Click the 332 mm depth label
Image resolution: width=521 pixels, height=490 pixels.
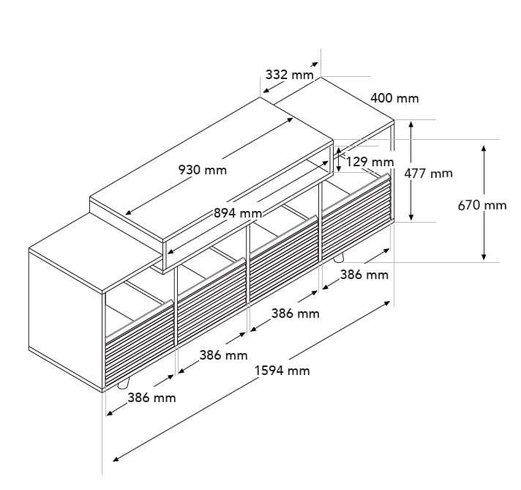pyautogui.click(x=290, y=75)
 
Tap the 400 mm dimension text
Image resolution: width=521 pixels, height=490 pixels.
pyautogui.click(x=394, y=98)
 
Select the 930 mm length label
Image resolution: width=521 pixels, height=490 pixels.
pyautogui.click(x=203, y=170)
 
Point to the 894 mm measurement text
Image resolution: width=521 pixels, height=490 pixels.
pyautogui.click(x=238, y=213)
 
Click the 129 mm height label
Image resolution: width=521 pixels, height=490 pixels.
pyautogui.click(x=370, y=162)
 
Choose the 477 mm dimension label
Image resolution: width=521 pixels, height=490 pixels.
pyautogui.click(x=428, y=174)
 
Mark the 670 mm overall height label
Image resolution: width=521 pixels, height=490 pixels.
pyautogui.click(x=482, y=205)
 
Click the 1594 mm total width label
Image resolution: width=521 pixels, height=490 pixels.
pyautogui.click(x=282, y=370)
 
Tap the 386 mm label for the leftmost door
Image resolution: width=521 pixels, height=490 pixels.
pyautogui.click(x=151, y=398)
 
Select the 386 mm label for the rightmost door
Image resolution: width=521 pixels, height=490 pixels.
pyautogui.click(x=364, y=275)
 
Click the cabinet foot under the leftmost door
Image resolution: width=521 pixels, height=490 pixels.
pyautogui.click(x=123, y=385)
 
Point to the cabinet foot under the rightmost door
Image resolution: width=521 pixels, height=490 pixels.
pyautogui.click(x=338, y=258)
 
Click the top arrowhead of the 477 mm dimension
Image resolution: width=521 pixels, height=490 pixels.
pyautogui.click(x=411, y=125)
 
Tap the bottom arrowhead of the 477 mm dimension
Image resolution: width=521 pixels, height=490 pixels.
pyautogui.click(x=411, y=217)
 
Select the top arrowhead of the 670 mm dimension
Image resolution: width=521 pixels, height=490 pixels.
pyautogui.click(x=484, y=149)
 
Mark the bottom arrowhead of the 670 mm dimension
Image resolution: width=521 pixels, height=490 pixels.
pyautogui.click(x=484, y=256)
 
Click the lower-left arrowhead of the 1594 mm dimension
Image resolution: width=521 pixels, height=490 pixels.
pyautogui.click(x=116, y=459)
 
